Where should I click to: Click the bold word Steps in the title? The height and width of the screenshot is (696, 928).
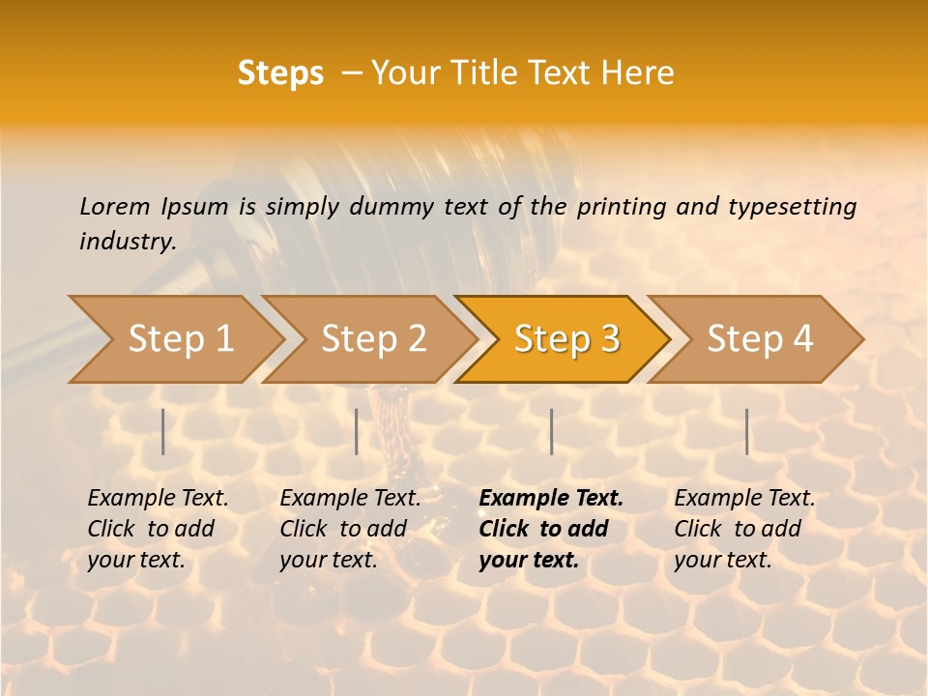pyautogui.click(x=280, y=73)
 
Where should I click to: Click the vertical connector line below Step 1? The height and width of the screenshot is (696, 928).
pyautogui.click(x=163, y=431)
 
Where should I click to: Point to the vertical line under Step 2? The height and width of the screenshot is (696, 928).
pyautogui.click(x=357, y=431)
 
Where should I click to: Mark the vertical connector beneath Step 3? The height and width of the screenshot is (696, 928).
pyautogui.click(x=551, y=431)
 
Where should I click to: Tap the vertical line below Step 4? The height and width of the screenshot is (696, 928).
pyautogui.click(x=746, y=431)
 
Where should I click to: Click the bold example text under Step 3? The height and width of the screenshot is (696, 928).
pyautogui.click(x=549, y=529)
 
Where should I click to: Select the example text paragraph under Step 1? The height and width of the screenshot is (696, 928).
pyautogui.click(x=157, y=529)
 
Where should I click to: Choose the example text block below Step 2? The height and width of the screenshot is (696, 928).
pyautogui.click(x=349, y=529)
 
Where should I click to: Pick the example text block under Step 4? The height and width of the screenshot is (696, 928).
pyautogui.click(x=743, y=529)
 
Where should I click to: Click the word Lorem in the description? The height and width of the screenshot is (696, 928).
pyautogui.click(x=115, y=206)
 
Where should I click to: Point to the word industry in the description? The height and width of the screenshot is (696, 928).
pyautogui.click(x=127, y=242)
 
